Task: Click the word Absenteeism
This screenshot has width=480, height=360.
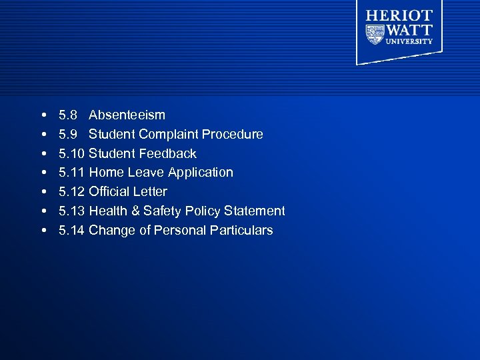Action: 127,115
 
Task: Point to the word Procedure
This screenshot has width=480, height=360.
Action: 232,134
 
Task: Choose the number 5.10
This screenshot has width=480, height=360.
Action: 71,153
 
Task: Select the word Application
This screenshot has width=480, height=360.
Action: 200,173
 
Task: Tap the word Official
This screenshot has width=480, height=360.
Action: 109,192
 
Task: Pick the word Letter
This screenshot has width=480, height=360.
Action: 150,192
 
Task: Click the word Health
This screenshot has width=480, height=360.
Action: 109,211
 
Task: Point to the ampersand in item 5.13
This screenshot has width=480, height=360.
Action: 137,211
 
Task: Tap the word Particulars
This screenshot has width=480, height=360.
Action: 241,231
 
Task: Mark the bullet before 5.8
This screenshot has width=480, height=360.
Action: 43,115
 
